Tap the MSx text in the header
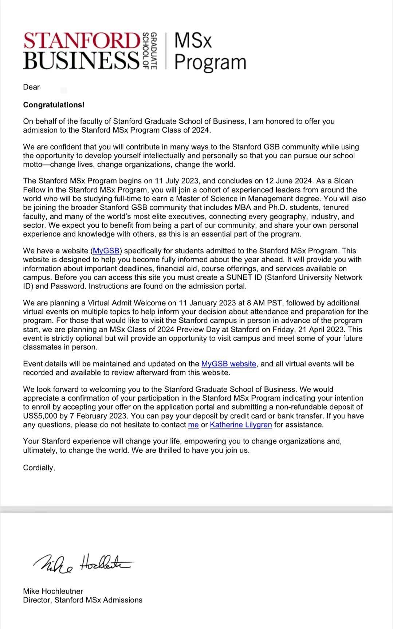coord(193,40)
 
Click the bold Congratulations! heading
coord(54,105)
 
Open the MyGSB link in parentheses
coord(106,251)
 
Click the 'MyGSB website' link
coord(229,364)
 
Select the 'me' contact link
coord(193,425)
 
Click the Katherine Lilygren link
coord(241,425)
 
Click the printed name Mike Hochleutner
coord(53,591)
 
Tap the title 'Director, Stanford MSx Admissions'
coord(83,600)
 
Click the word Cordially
coord(39,468)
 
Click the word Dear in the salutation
coord(31,87)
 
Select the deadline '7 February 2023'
coord(101,416)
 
